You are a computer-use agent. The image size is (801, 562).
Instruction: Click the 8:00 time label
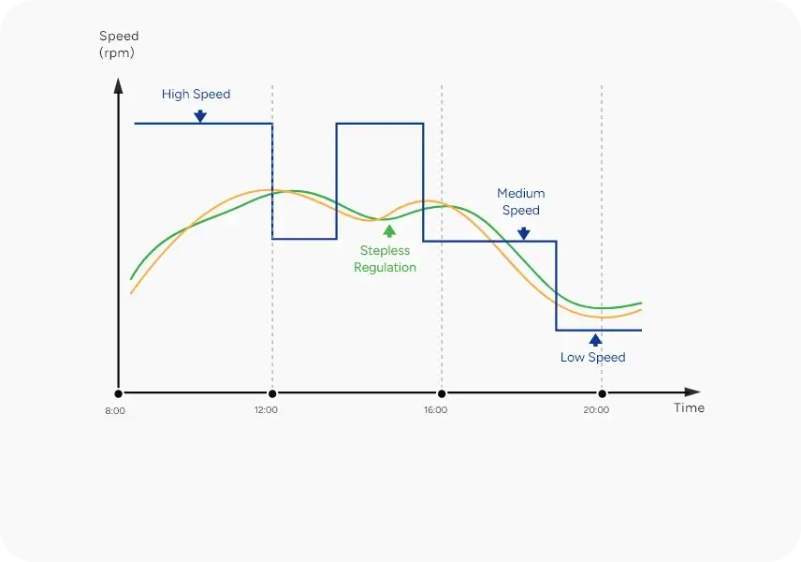point(115,410)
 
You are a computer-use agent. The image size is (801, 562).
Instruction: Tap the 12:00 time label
point(266,410)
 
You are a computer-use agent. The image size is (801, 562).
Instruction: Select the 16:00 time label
point(435,410)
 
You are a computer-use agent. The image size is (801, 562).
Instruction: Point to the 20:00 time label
point(596,410)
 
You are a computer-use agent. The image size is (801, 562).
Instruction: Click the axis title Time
point(689,408)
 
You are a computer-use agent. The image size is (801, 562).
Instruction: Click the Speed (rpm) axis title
point(118,44)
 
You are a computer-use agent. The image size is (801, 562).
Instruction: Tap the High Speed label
point(196,95)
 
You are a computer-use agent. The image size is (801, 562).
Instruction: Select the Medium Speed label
point(520,201)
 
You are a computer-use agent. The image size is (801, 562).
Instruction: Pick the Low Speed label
point(592,357)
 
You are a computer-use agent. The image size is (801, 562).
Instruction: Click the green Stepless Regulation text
point(385,259)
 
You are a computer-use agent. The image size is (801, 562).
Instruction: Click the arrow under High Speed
point(199,116)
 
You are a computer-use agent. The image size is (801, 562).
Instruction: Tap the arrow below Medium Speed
point(523,232)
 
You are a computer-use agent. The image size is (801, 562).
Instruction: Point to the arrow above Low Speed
point(595,339)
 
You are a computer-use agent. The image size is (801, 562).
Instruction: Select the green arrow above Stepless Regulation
point(389,231)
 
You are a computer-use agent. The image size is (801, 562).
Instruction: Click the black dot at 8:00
point(118,393)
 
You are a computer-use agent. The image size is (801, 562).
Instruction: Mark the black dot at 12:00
point(271,393)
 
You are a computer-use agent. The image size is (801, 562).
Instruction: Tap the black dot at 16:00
point(442,393)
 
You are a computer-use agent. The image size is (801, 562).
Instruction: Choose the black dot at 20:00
point(602,393)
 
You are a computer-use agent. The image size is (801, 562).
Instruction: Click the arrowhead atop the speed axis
point(118,85)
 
